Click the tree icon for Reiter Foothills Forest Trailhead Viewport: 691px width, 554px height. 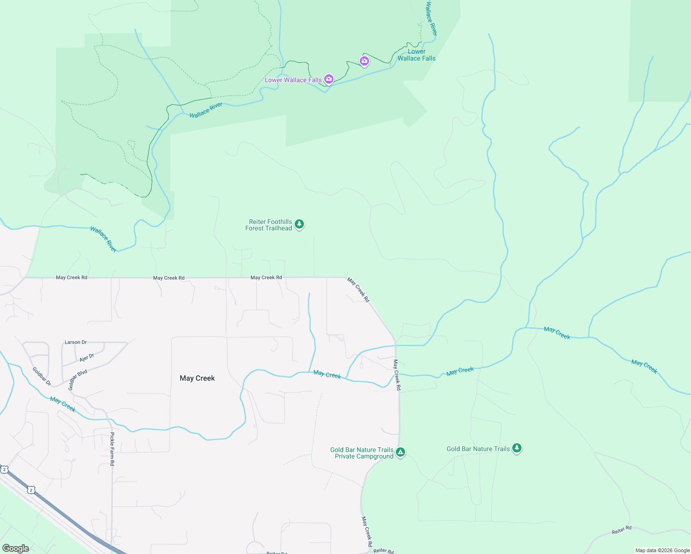pos(299,224)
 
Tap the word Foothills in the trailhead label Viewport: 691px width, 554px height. pos(278,222)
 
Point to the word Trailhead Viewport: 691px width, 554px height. pos(279,228)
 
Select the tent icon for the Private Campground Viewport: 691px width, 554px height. pos(400,452)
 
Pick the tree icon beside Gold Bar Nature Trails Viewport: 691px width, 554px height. pos(517,448)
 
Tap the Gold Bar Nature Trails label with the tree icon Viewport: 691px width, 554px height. pos(478,449)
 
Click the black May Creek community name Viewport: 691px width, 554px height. pos(197,378)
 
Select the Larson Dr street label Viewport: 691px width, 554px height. pos(76,342)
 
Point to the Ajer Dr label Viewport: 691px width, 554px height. pos(87,358)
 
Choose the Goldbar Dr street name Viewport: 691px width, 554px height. pos(42,376)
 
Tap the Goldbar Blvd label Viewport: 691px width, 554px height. pos(78,380)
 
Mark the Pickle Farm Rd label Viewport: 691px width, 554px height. pos(112,449)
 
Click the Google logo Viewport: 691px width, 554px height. pos(16,548)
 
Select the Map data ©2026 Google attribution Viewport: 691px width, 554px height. pos(662,550)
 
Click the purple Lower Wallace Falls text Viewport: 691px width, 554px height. pos(293,80)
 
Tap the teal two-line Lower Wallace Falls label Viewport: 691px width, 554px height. pos(417,55)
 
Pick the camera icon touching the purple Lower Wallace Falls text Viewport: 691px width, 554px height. pos(329,79)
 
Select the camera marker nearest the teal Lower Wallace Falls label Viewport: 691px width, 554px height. pos(364,61)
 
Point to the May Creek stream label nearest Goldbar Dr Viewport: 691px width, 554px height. pos(63,404)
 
